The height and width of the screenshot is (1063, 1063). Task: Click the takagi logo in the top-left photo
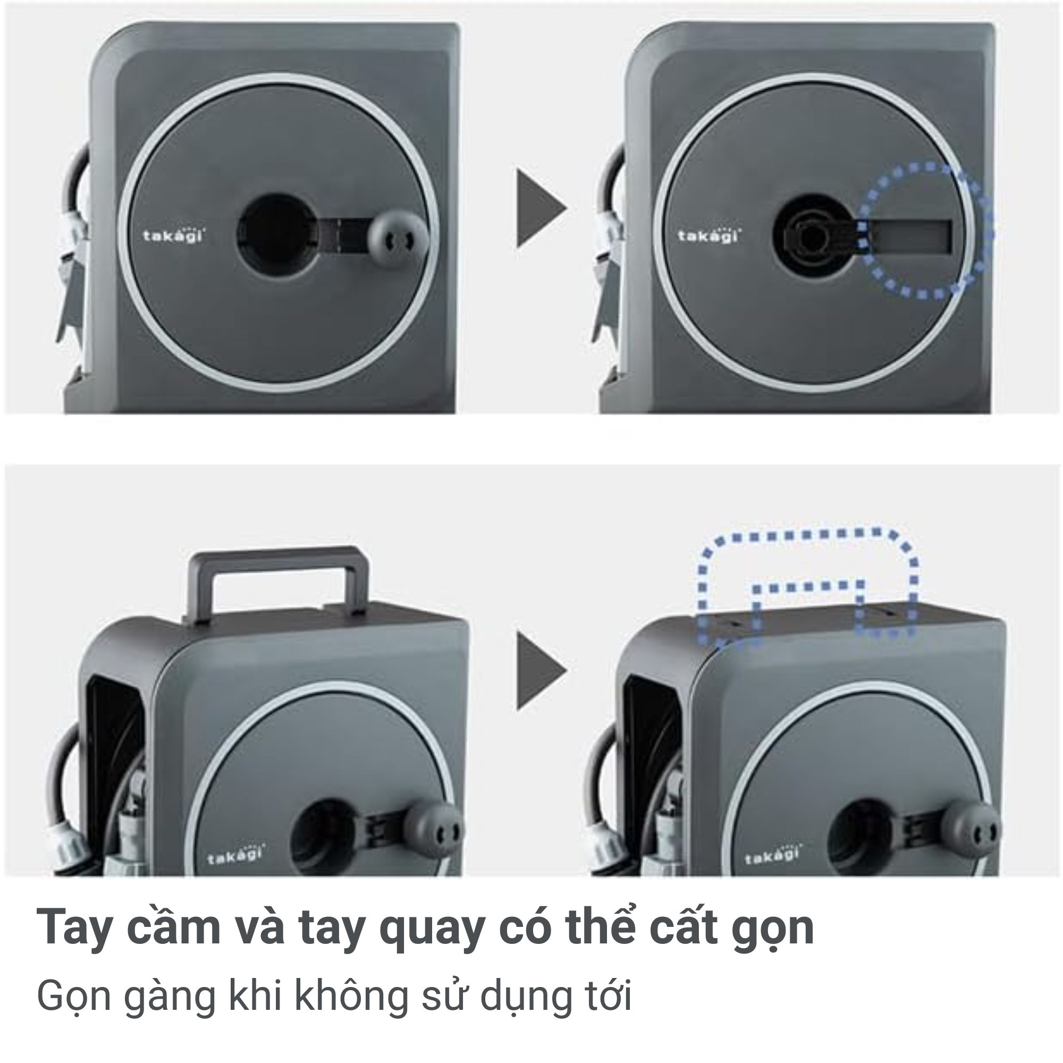tap(174, 236)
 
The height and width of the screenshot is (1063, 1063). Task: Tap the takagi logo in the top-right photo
tap(708, 235)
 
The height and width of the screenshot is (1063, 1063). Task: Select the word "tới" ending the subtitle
tap(608, 995)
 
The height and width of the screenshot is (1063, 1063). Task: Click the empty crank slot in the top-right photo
tap(911, 237)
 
